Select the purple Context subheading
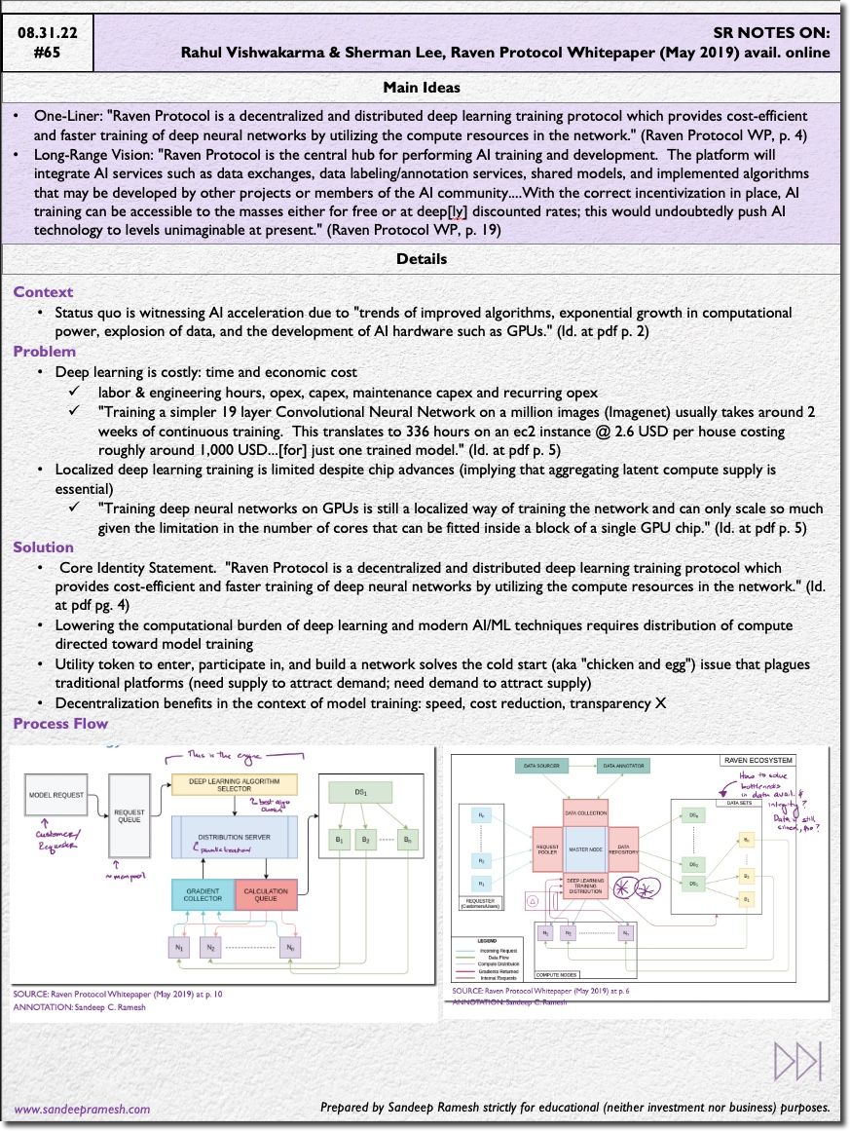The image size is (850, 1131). (43, 292)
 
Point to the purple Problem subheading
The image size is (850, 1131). (45, 352)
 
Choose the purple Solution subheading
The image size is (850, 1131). (44, 547)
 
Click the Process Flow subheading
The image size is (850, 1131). (60, 724)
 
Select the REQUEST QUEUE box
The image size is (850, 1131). (129, 813)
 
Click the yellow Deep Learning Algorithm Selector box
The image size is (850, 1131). (234, 784)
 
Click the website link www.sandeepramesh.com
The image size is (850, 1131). (82, 1109)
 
